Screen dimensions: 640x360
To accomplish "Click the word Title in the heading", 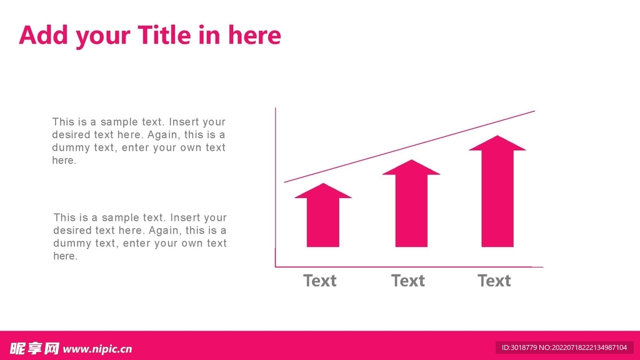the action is [x=164, y=35].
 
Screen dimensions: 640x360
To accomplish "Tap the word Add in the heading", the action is [x=43, y=35].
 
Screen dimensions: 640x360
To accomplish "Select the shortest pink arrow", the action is [x=323, y=215].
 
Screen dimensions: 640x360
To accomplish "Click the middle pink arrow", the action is [x=411, y=203].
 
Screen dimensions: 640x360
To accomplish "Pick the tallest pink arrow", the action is [x=497, y=191].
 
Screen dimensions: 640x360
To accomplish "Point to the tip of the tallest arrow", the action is [x=497, y=136].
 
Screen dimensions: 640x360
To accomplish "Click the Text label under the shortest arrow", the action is [x=319, y=281].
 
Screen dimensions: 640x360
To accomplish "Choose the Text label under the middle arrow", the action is [x=407, y=281].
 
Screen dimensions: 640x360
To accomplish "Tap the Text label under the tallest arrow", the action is [x=494, y=281].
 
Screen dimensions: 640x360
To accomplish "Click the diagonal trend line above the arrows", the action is [x=409, y=146].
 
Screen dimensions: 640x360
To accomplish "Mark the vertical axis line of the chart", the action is [x=276, y=187].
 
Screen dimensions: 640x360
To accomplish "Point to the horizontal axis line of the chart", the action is [x=409, y=267].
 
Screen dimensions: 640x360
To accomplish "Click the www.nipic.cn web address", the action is [x=97, y=349].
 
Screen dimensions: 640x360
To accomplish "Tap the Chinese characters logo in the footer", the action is [x=35, y=349].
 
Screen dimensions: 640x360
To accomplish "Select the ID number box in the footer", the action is [x=564, y=347].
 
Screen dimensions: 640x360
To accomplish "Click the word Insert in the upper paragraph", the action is [x=182, y=122].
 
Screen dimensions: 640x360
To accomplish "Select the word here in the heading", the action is [x=254, y=35].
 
